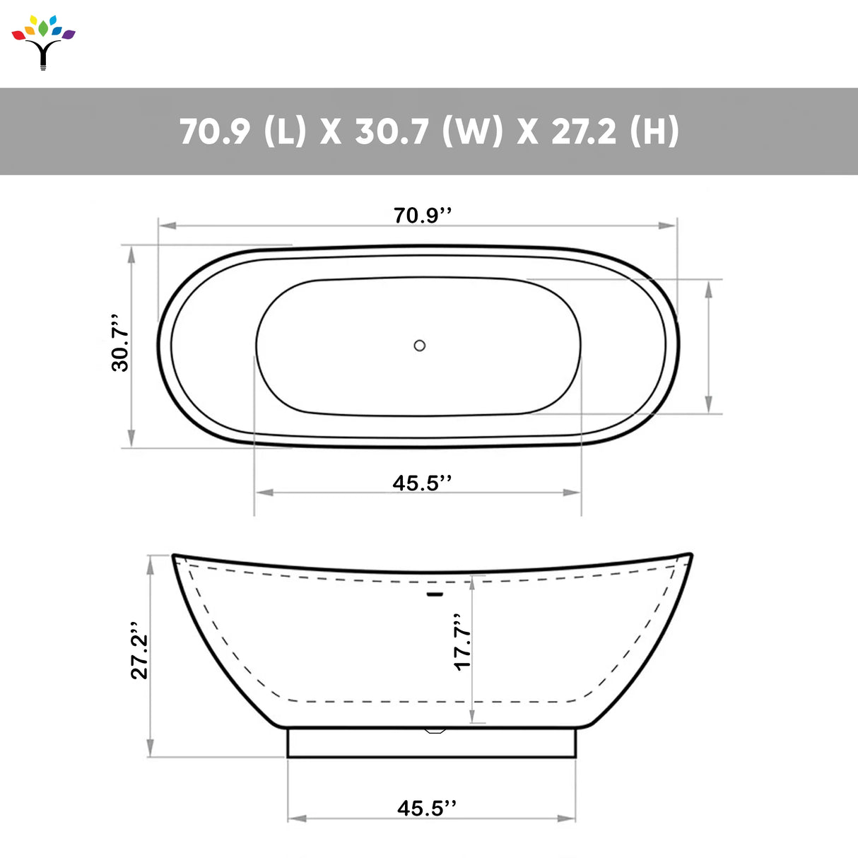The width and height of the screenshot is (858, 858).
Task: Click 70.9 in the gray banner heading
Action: coord(215,131)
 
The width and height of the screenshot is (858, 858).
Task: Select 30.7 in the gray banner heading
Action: coord(391,131)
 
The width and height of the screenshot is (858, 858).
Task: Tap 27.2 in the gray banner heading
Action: coord(583,131)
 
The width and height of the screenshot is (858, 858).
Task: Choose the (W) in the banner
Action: coord(472,131)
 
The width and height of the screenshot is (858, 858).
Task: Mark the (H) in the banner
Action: coord(654,131)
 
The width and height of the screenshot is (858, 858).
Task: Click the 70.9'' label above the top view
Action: coord(422,215)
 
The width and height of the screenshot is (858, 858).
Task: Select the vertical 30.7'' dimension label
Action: coord(120,343)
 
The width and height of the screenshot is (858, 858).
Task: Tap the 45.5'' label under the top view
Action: coord(421,483)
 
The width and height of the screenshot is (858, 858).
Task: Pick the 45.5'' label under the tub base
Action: coord(426,808)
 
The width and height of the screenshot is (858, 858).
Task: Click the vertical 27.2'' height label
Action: coord(139,652)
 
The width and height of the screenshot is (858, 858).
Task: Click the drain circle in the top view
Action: coord(420,346)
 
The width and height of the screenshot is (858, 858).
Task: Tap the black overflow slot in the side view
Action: coord(435,594)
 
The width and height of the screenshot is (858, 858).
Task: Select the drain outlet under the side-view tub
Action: coord(434,730)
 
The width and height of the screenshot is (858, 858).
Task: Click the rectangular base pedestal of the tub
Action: coord(431,743)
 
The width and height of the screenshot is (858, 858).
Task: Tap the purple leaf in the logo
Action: coord(68,34)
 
